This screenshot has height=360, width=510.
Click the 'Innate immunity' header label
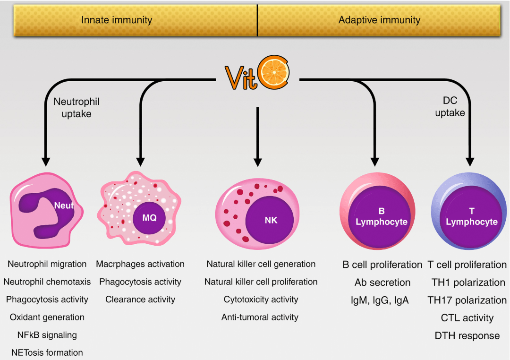point(117,20)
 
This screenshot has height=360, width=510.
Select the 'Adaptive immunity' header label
point(379,20)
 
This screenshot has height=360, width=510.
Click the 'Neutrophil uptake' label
point(76,108)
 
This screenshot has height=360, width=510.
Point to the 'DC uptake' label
point(450,107)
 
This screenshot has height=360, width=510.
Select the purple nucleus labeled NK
point(271,220)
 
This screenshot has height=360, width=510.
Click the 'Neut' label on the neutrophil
point(64,206)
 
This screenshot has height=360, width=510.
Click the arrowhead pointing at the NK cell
point(257,161)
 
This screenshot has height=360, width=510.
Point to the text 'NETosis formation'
point(47,352)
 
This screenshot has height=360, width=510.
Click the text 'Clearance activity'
point(140,300)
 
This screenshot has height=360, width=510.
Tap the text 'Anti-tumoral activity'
point(260,317)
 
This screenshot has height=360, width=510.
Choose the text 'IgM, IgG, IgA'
point(382,300)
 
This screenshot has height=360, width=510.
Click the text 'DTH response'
point(467,335)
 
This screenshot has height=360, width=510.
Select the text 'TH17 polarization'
point(467,300)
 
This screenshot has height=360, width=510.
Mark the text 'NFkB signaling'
point(47,335)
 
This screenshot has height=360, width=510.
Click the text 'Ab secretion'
point(382,283)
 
